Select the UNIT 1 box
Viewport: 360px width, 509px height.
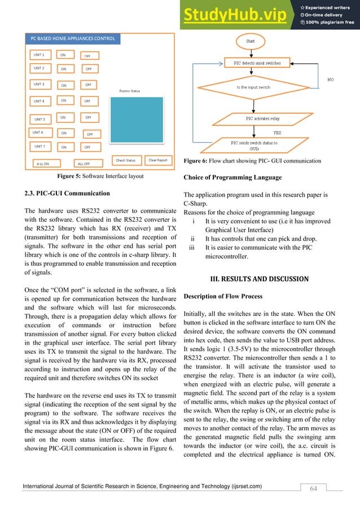(40, 55)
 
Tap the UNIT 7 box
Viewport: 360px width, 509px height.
(40, 146)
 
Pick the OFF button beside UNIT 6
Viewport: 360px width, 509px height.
(90, 134)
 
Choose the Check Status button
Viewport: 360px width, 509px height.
(126, 160)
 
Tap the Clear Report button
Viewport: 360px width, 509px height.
(157, 160)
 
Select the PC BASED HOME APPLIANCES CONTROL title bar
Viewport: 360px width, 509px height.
(71, 39)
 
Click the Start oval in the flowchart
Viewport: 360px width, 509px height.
(250, 41)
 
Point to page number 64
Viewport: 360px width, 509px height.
(313, 488)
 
